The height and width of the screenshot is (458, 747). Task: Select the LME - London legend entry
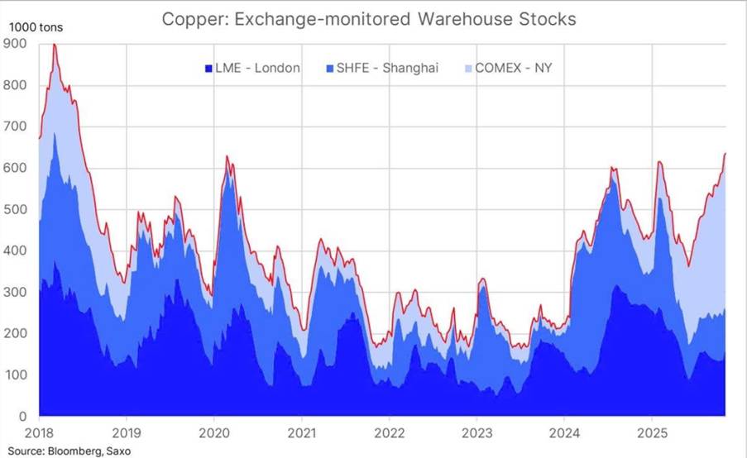(x=251, y=67)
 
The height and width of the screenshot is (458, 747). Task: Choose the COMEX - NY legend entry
(x=513, y=67)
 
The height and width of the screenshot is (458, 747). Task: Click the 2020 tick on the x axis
(x=213, y=432)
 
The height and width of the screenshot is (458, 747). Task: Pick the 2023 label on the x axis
(x=477, y=432)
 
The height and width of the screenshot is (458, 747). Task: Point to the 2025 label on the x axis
(x=653, y=432)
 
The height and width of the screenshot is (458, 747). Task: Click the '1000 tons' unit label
(x=36, y=26)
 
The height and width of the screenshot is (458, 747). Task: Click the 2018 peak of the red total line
(x=55, y=45)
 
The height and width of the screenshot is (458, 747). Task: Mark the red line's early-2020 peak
(x=227, y=156)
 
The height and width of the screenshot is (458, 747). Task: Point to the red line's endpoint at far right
(x=725, y=154)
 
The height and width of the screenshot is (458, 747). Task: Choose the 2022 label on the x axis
(x=389, y=432)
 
